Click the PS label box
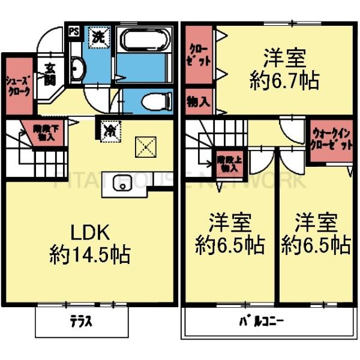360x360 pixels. pyautogui.click(x=74, y=31)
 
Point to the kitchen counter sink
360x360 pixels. pyautogui.click(x=123, y=183)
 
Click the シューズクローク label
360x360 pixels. pyautogui.click(x=18, y=86)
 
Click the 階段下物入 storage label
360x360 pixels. pyautogui.click(x=43, y=132)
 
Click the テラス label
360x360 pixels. pyautogui.click(x=83, y=321)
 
